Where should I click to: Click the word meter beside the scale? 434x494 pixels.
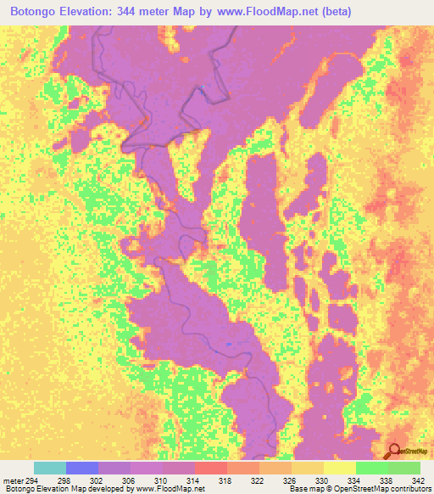tap(13, 481)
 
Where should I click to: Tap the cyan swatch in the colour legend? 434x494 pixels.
tap(49, 468)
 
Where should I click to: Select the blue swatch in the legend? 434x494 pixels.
tap(82, 468)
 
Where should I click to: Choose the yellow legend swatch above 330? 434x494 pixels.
tap(339, 468)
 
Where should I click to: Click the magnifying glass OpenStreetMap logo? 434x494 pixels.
tap(394, 451)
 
